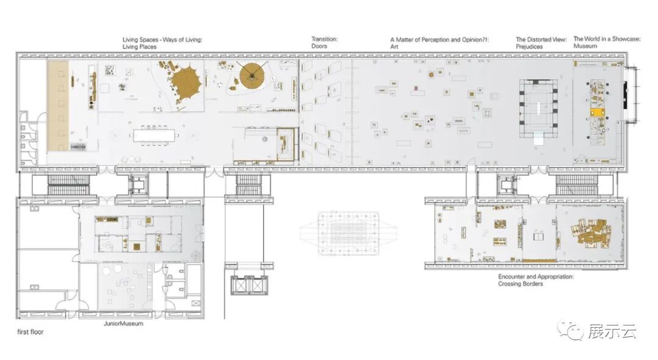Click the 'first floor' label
[30, 332]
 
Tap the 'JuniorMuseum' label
[123, 323]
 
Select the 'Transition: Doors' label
[324, 43]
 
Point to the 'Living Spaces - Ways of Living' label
[163, 40]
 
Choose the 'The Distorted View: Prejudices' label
[541, 43]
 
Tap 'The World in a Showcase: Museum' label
[607, 43]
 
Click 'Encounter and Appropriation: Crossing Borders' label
[536, 280]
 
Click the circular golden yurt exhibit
[252, 76]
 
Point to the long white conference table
[154, 135]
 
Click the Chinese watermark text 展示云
[612, 331]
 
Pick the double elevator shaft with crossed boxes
[249, 285]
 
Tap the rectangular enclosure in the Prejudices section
[539, 108]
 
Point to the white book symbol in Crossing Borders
[538, 237]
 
